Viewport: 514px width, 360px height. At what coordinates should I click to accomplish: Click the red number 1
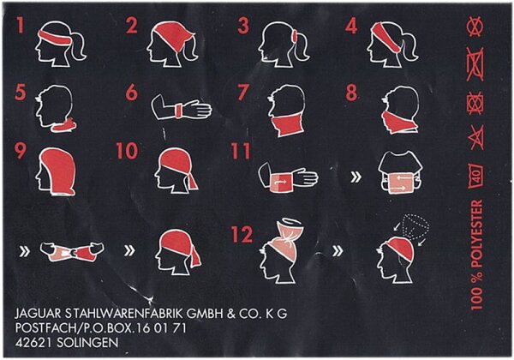(x=21, y=25)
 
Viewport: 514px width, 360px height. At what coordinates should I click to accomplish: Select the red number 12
(x=242, y=234)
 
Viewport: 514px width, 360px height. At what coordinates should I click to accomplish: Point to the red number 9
(x=21, y=150)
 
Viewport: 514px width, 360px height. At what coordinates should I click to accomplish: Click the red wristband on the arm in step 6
(x=179, y=111)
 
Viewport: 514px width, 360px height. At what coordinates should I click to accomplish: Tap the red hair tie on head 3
(x=295, y=36)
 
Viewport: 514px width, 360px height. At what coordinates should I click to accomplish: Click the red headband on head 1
(x=55, y=39)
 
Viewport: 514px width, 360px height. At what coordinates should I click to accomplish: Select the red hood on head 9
(x=58, y=171)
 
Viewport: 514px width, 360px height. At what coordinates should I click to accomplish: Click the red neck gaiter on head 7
(x=288, y=124)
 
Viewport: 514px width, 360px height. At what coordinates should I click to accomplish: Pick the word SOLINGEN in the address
(x=87, y=343)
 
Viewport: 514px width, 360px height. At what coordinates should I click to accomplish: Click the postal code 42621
(x=33, y=343)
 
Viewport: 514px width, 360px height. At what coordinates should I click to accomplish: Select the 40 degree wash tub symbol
(x=476, y=176)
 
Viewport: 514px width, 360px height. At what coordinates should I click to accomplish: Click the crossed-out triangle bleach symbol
(x=477, y=137)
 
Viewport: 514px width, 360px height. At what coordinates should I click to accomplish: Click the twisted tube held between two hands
(x=72, y=252)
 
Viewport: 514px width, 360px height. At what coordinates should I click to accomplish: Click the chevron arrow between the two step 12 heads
(x=338, y=251)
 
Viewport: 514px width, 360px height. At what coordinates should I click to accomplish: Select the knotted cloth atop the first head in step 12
(x=289, y=231)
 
